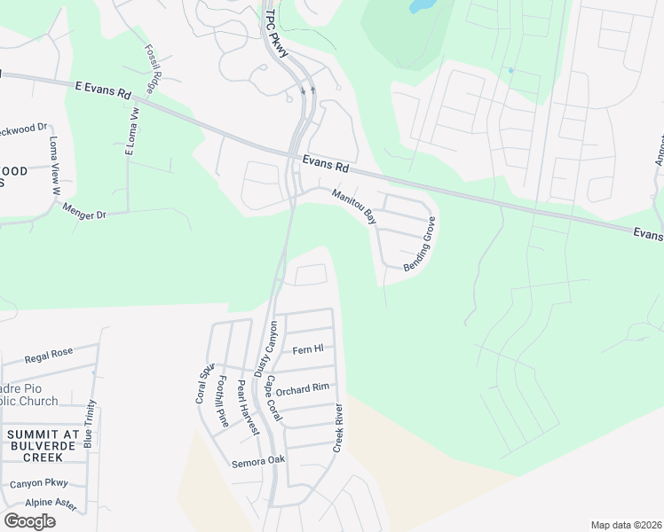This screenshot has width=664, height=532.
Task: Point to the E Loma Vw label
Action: tap(134, 130)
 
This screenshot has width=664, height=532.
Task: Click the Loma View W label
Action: tap(54, 166)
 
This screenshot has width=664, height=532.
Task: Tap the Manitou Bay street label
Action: tap(354, 206)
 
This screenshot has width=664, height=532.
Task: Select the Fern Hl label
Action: tap(306, 350)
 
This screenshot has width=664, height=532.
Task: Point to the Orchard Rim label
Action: tap(302, 389)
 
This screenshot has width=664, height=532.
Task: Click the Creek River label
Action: tap(338, 428)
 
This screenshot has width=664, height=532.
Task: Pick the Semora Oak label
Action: tap(257, 460)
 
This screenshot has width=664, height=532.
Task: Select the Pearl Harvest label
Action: tap(247, 407)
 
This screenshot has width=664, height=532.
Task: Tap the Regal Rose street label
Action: tap(48, 354)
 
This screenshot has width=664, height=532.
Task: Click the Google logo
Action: tap(29, 521)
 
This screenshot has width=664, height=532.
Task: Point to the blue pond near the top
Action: tap(421, 5)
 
